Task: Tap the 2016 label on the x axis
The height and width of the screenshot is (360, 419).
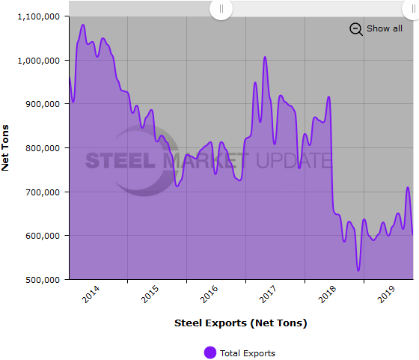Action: coord(208,295)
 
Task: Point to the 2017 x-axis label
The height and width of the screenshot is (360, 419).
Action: coord(267,295)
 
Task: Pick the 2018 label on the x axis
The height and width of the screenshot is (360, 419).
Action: coord(326,295)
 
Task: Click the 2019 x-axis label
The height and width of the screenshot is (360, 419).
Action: coord(385,295)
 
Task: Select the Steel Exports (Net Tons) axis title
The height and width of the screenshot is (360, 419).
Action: coord(240,323)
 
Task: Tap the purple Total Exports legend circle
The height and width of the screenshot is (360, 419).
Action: coord(210,353)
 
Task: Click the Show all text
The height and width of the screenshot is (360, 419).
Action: coord(384,28)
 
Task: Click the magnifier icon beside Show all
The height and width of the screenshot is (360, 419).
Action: coord(356,29)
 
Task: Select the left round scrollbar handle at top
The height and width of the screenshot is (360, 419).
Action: coord(221,9)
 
